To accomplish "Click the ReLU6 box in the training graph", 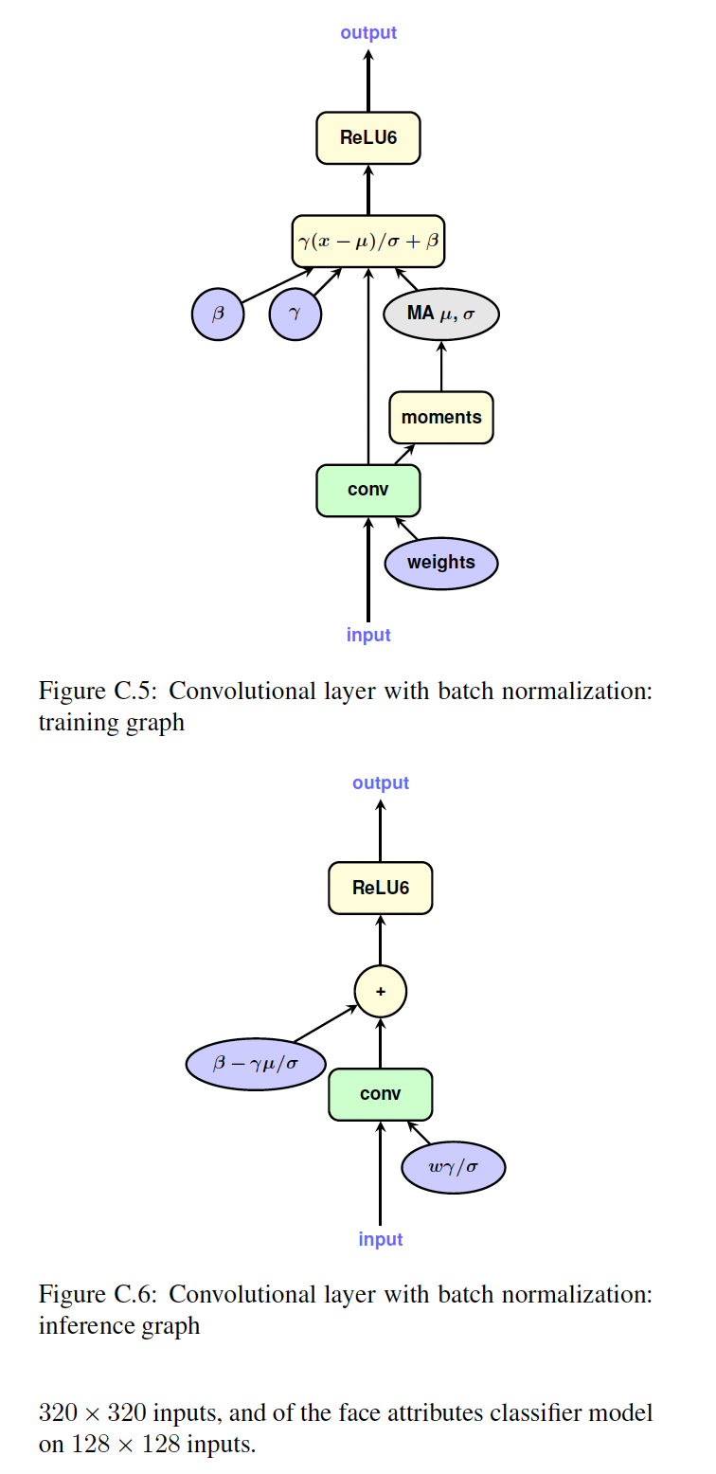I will (368, 138).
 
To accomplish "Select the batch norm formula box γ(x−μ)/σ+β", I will (368, 242).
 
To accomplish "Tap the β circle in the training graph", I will (218, 314).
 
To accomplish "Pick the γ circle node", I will (295, 314).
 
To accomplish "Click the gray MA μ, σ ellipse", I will (440, 314).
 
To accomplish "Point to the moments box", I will (441, 417).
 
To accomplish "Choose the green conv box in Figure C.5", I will (368, 491).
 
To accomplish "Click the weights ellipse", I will (441, 563).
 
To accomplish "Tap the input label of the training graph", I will (368, 635).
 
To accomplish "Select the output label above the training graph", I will (368, 33).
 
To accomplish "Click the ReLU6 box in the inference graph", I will (381, 888).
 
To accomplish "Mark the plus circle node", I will (381, 992).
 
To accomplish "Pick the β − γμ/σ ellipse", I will (256, 1064).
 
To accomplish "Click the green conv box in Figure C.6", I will (381, 1094).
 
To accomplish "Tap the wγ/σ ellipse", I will (454, 1168).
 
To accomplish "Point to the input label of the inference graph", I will (381, 1239).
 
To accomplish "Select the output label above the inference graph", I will (381, 783).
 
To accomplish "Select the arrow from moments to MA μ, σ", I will (441, 365).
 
